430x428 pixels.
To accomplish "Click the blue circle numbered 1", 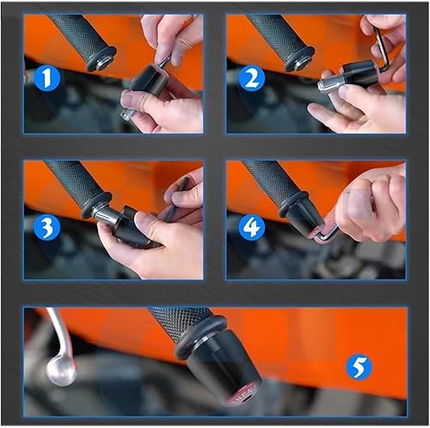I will [x=48, y=79].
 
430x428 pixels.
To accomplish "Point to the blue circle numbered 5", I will [x=359, y=368].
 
